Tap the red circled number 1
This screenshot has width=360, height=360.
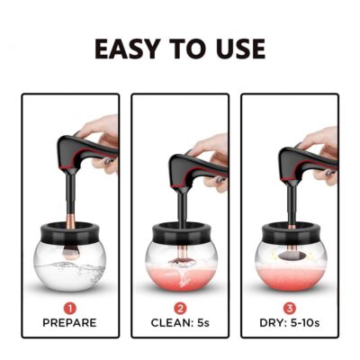pos(70,308)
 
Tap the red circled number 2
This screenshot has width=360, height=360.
pos(180,308)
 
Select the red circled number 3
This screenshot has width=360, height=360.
pos(290,308)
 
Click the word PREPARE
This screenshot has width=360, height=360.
pos(69,323)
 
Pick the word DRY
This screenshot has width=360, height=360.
pos(270,323)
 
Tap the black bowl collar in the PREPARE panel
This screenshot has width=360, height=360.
pos(69,232)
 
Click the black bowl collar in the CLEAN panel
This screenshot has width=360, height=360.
pos(181,233)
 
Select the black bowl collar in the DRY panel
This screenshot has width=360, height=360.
pos(291,233)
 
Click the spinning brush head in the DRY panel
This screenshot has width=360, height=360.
pos(290,256)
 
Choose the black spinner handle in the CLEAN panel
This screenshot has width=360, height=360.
pos(198,170)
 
